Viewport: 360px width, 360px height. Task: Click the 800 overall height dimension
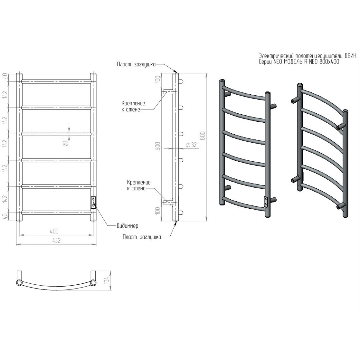pyautogui.click(x=202, y=136)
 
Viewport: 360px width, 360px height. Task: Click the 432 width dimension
pyautogui.click(x=56, y=241)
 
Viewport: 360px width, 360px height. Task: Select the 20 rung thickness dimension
pyautogui.click(x=65, y=144)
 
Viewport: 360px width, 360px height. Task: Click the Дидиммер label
pyautogui.click(x=128, y=226)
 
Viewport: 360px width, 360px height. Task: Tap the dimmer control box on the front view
pyautogui.click(x=93, y=203)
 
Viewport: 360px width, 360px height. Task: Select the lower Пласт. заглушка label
pyautogui.click(x=142, y=237)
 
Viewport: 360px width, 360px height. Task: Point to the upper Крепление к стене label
pyautogui.click(x=133, y=107)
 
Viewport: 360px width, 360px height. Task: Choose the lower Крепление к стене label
pyautogui.click(x=139, y=185)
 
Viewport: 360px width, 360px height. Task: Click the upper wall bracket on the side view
pyautogui.click(x=168, y=92)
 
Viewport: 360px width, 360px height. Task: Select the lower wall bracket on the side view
pyautogui.click(x=168, y=202)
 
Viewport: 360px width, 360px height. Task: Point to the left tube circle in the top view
pyautogui.click(x=20, y=283)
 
